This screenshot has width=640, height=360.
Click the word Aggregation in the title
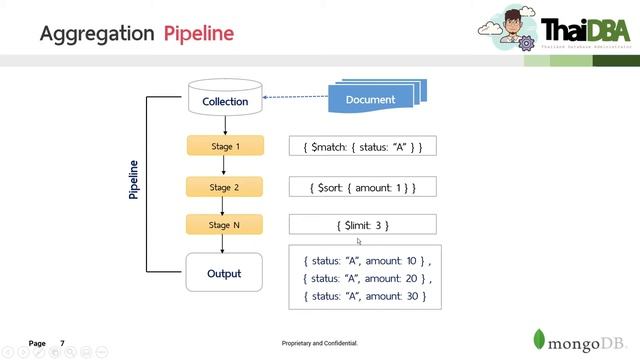coord(97,33)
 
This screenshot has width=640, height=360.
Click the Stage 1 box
coord(225,146)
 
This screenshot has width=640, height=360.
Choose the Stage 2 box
coord(225,187)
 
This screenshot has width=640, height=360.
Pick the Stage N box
coord(225,225)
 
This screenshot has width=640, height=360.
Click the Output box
coord(225,273)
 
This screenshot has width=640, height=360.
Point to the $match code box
coord(362,147)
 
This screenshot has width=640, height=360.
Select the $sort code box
coord(362,187)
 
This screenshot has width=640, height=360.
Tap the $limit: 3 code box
coord(362,225)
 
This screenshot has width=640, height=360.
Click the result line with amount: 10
coord(366,260)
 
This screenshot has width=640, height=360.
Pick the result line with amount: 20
coord(366,278)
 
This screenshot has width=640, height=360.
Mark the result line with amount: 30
coord(366,296)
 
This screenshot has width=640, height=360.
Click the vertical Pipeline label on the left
coord(134,180)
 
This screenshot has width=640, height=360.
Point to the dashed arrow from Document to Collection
coord(296,97)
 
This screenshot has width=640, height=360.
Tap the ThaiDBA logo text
coord(583,30)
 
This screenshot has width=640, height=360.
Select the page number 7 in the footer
coord(62,343)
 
